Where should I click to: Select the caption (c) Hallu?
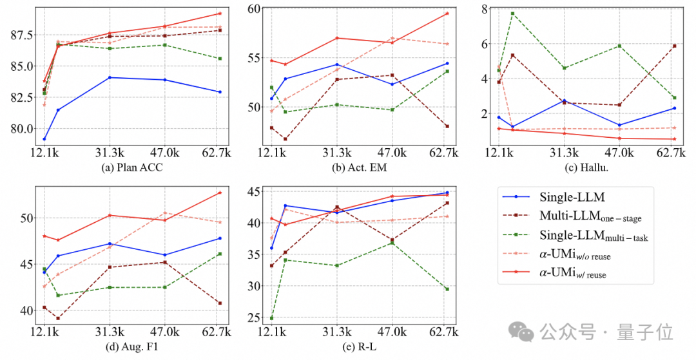[583, 169]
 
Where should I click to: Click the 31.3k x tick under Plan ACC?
[110, 153]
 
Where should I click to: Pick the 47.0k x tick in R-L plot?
[392, 332]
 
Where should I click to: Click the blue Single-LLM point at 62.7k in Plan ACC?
[220, 92]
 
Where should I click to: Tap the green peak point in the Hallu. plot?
[512, 14]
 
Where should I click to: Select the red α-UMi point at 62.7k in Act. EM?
[447, 14]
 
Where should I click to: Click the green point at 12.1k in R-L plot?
[271, 317]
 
